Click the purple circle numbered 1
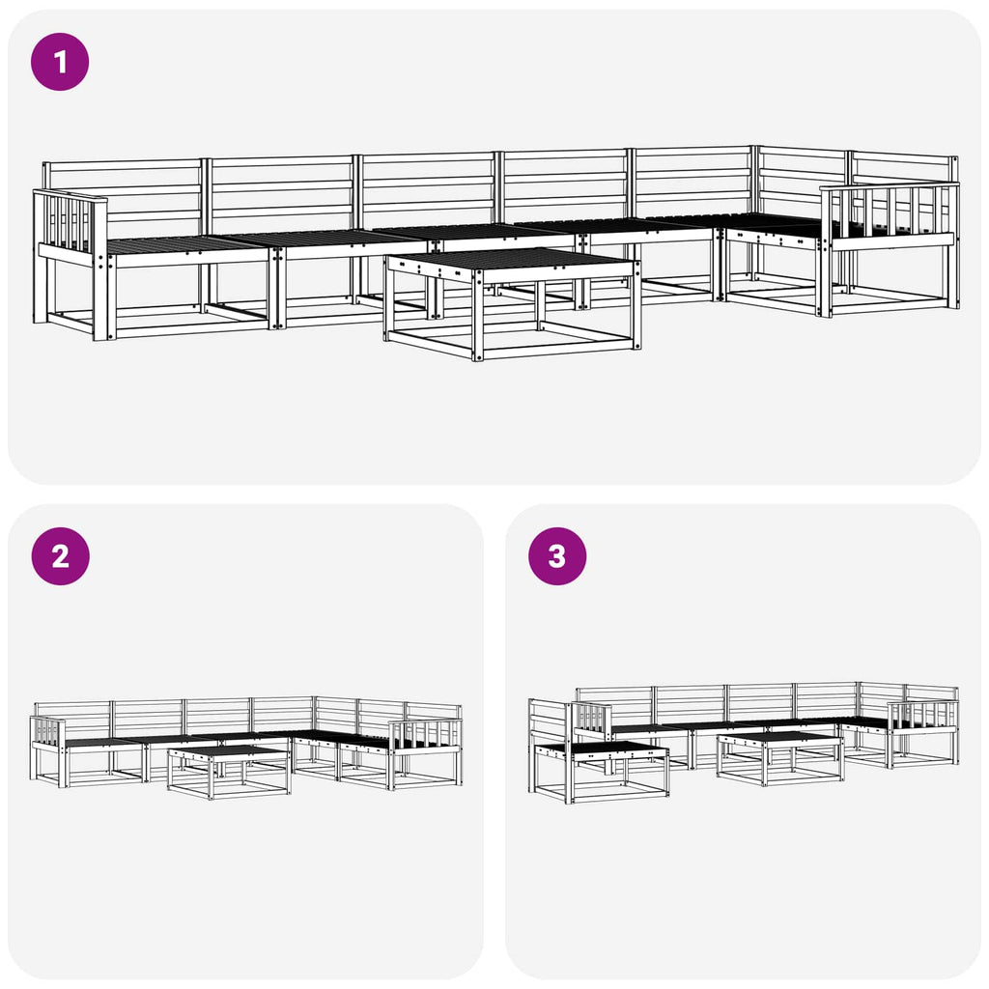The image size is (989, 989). (x=60, y=62)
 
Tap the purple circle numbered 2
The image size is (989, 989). (x=61, y=556)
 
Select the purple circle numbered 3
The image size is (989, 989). (x=557, y=556)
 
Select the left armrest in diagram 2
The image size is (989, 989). (x=48, y=751)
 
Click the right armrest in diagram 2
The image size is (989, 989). (x=425, y=754)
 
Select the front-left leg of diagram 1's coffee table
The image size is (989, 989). (x=478, y=316)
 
